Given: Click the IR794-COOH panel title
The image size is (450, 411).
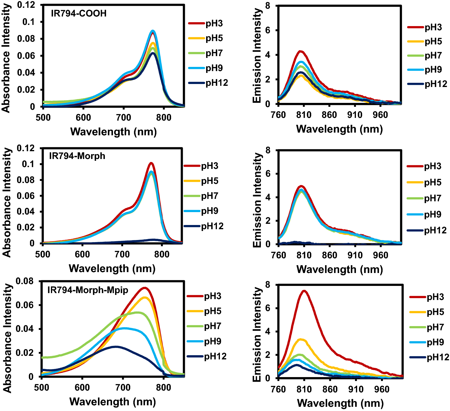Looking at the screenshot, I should point(78,13).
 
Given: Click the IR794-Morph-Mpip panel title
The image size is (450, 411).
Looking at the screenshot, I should point(88,290).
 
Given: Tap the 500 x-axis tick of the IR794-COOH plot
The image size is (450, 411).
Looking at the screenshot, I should point(43,117).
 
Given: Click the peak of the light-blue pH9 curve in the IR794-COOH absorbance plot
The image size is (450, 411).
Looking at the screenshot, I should point(153,31).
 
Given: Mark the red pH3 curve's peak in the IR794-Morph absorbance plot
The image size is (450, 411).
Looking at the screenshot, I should point(151,163).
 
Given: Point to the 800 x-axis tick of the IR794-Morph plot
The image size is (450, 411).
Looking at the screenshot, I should point(162,254).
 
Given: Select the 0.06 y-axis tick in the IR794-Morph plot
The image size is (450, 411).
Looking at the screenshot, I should point(25,196).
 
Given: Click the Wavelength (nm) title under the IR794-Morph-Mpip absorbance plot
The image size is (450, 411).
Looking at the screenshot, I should point(113,401).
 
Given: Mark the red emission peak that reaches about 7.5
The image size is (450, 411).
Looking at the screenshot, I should point(304,291).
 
